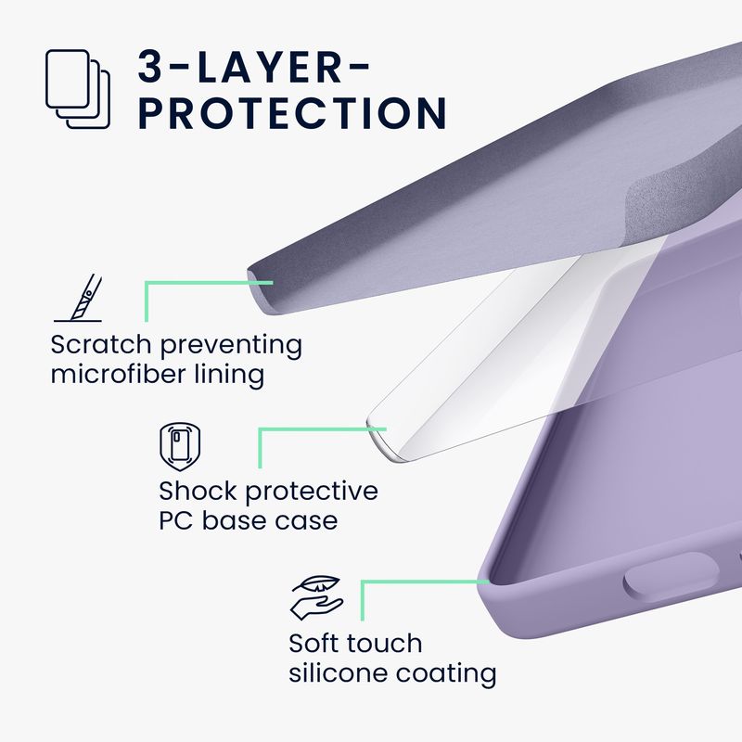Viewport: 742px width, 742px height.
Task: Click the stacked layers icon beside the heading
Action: tap(78, 88)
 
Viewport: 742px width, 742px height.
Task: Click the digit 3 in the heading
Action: tap(151, 67)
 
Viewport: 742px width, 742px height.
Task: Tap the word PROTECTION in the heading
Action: tap(293, 112)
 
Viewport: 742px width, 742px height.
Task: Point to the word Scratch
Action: tap(101, 344)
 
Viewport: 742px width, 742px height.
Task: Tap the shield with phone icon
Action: tap(180, 447)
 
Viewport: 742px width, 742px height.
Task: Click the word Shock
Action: tap(198, 491)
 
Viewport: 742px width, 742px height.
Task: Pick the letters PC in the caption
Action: tap(175, 520)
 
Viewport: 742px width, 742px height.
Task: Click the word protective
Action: tap(312, 493)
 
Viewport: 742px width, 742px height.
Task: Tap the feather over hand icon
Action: tap(316, 597)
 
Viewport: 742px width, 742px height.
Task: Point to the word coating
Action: tap(446, 674)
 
